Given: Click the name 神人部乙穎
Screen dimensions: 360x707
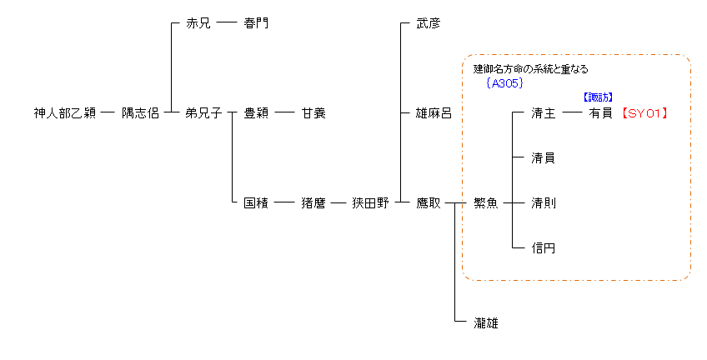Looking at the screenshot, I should pos(64,113).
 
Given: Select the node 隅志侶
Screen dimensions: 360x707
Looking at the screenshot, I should pos(140,113).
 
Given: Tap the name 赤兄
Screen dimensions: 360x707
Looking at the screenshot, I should pos(198,23).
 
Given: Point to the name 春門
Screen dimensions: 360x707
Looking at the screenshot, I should pos(255,23).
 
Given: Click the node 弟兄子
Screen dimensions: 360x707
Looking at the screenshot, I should pos(203,113).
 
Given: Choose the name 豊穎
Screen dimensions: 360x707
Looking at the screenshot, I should pos(255,113).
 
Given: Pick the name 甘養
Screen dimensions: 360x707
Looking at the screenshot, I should pos(313,113).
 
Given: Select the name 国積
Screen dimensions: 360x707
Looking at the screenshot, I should pos(255,202).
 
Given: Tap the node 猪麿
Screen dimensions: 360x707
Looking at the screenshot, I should pos(313,202).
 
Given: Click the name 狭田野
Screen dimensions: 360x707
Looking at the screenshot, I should pos(370,202).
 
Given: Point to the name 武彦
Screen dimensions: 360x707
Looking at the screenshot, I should pos(428,23).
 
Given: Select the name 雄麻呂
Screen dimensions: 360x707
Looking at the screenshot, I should pos(434,113).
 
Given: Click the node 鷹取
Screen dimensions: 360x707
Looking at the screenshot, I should pos(428,202).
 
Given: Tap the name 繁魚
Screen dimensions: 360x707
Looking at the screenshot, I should pos(485,202).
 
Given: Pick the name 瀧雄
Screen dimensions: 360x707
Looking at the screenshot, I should pos(485,322).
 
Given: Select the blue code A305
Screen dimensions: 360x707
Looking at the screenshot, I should pos(506,83).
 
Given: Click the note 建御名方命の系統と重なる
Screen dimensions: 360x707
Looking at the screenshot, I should pos(530,69).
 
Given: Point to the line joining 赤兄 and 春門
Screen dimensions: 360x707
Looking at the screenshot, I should pos(226,23).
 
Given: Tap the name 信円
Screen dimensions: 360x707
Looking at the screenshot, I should pos(543,247).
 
